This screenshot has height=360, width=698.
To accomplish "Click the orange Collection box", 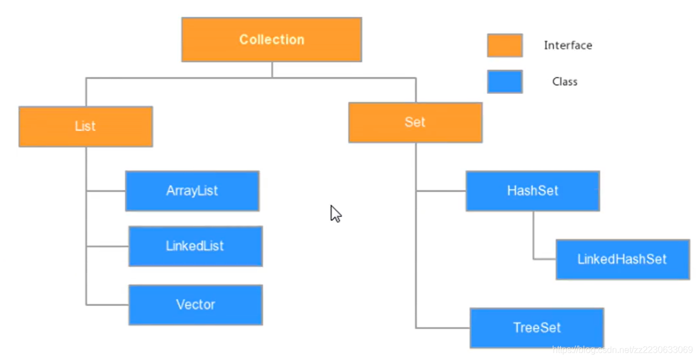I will (272, 40).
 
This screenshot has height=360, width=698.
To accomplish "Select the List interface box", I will (86, 126).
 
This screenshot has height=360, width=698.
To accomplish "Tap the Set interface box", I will (415, 122).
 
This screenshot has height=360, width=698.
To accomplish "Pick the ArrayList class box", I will (192, 191).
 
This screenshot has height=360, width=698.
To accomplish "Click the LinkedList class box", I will (195, 246).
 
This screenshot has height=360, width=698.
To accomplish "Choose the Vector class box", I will (195, 305).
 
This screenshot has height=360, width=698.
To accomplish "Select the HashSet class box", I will (533, 191).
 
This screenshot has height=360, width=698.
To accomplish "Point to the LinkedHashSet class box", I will (623, 259).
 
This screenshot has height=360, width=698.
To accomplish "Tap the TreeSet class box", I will (536, 328).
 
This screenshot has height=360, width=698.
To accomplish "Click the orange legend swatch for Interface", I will (505, 45).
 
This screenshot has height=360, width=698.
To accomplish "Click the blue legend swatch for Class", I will (505, 82).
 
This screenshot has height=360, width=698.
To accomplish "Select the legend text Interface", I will (568, 46).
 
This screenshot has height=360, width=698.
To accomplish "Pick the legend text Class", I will (564, 82).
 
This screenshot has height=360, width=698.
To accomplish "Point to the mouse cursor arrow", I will (335, 213).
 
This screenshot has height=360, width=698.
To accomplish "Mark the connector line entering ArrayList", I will (106, 191).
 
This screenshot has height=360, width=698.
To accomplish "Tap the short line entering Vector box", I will (107, 305).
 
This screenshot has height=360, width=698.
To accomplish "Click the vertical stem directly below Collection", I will (272, 69).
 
